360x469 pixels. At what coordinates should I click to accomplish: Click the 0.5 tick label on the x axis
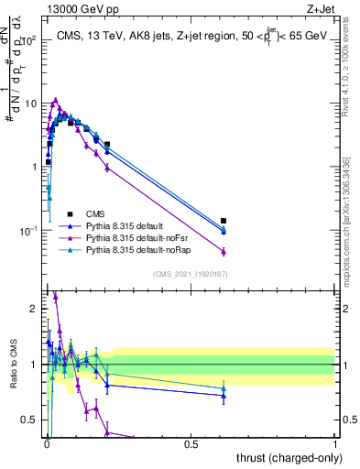point(191,443)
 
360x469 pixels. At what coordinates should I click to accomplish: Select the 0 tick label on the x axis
point(47,443)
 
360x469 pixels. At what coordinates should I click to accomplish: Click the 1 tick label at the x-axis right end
point(334,443)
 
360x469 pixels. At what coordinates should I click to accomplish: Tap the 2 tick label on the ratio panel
point(35,309)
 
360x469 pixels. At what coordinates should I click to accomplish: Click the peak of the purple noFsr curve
point(56,100)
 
